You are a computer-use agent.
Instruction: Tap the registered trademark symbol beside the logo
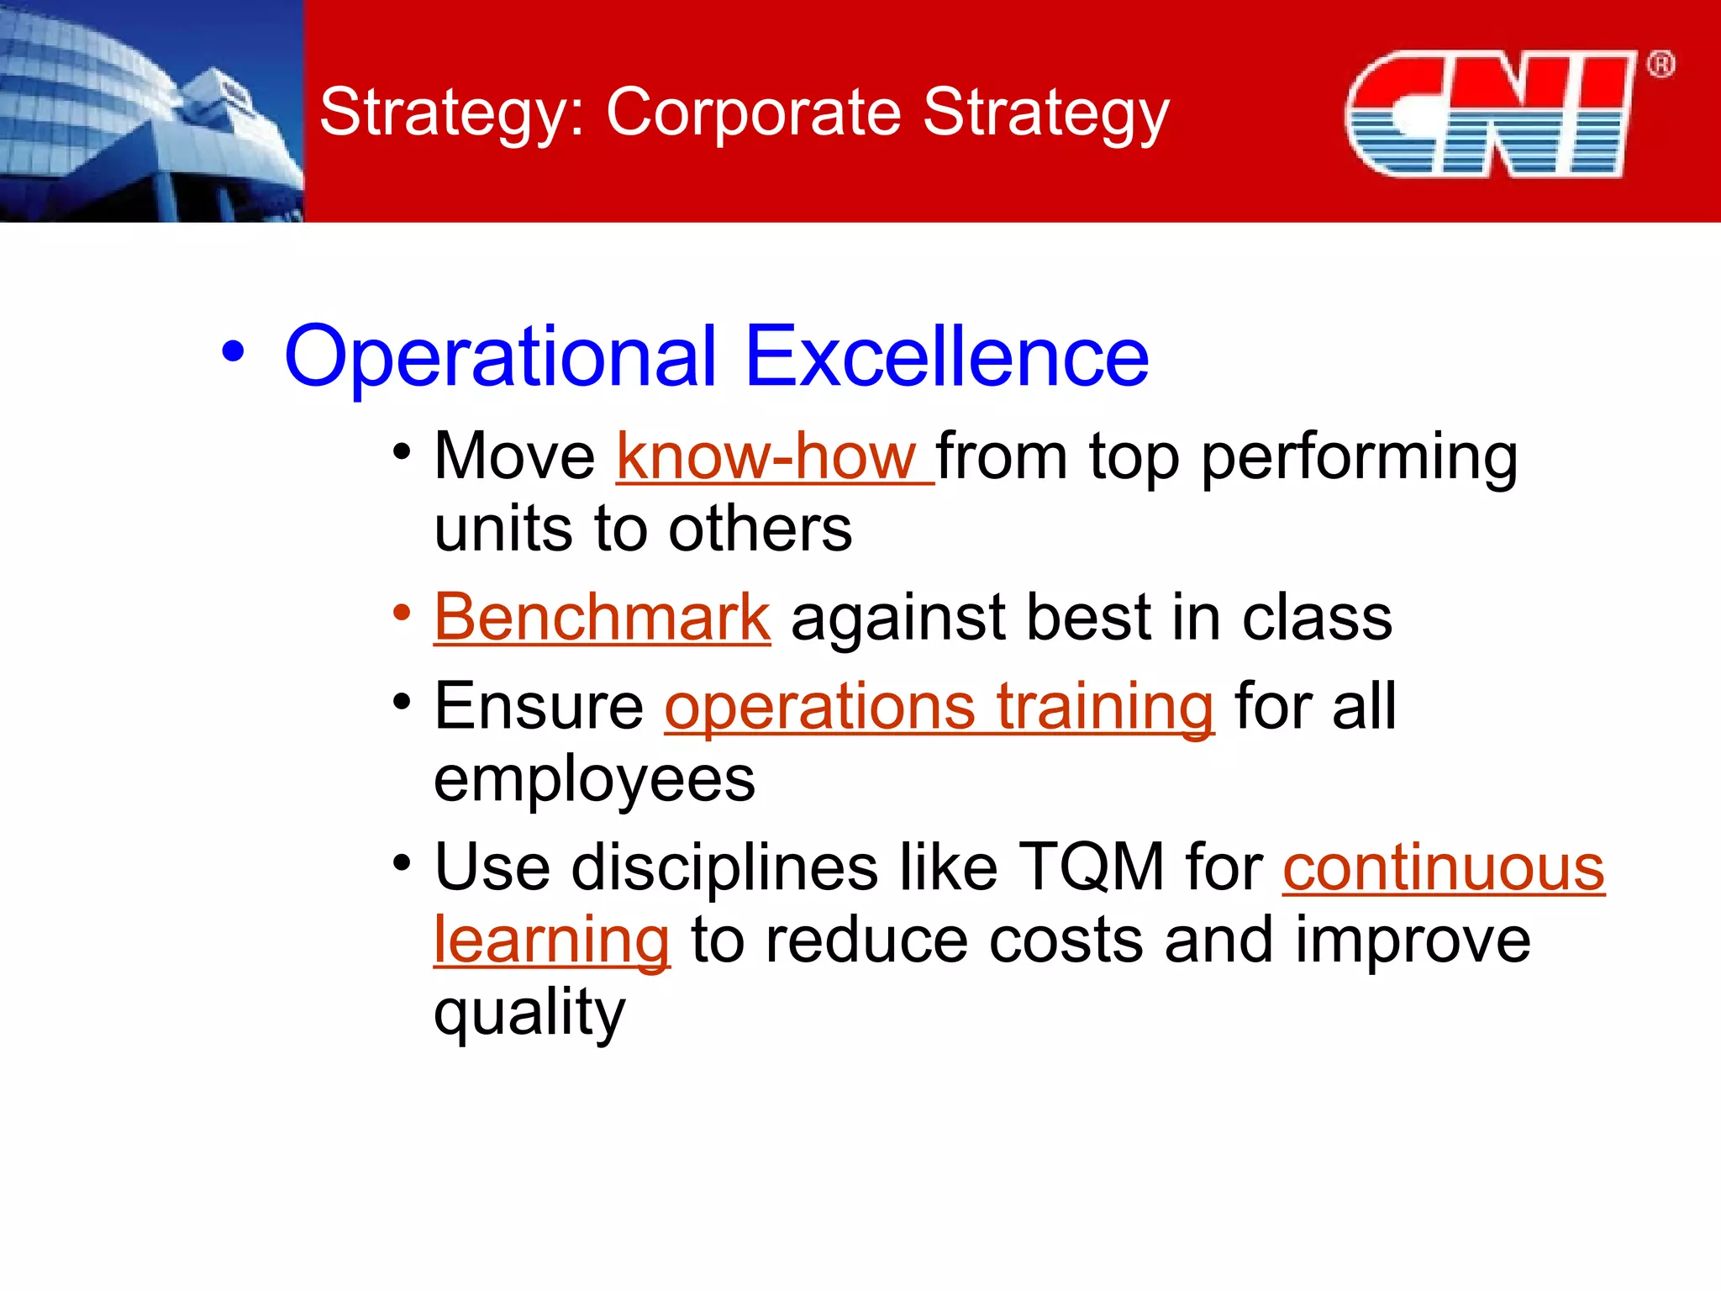1660,65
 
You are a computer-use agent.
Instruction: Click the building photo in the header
151,111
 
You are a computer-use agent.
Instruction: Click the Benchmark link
602,618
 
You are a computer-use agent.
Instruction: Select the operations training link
939,708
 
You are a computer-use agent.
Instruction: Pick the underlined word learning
551,941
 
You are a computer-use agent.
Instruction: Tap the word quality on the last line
529,1014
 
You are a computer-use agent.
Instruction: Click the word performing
1359,459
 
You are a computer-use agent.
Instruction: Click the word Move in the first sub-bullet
514,457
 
